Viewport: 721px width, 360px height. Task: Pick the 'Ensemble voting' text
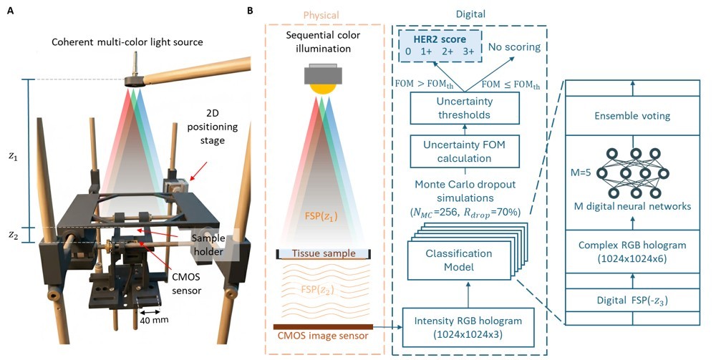tap(633, 115)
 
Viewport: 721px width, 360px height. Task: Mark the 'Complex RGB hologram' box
tap(633, 251)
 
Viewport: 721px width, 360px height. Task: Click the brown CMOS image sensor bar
tap(323, 327)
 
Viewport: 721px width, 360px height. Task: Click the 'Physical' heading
tap(324, 15)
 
